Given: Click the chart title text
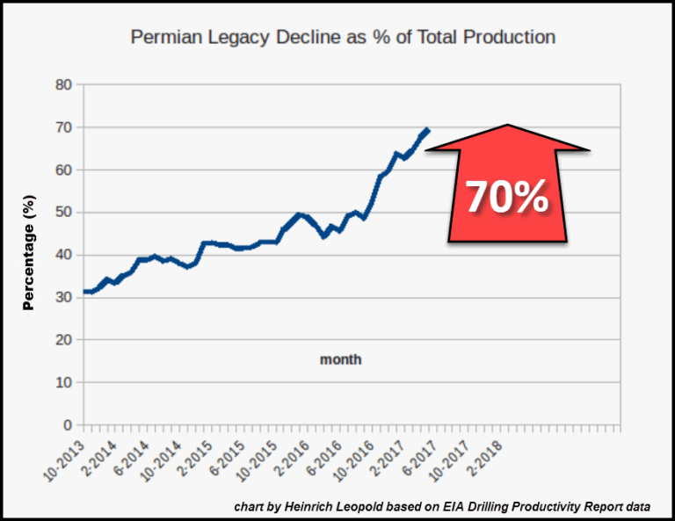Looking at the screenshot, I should click(x=343, y=38).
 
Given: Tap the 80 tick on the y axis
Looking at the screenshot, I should click(x=63, y=85).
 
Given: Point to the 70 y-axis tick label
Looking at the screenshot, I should click(x=63, y=127).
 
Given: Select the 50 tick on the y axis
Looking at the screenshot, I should click(x=63, y=213).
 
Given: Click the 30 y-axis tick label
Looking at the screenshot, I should click(x=63, y=298).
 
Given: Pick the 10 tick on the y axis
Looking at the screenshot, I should click(x=63, y=383).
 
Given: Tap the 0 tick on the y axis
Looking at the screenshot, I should click(x=68, y=425).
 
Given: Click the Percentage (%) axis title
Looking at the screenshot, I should click(x=28, y=255).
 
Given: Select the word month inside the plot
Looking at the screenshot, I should click(x=340, y=359).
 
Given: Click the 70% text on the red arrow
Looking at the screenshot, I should click(x=506, y=198).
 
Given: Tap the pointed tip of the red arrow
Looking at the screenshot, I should click(x=507, y=125).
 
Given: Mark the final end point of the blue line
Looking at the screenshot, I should click(x=428, y=130).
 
